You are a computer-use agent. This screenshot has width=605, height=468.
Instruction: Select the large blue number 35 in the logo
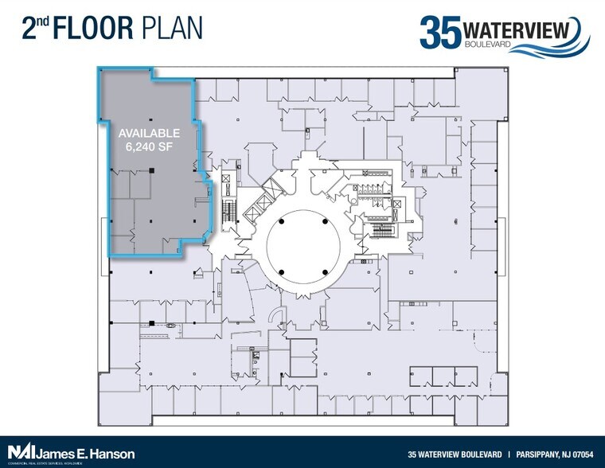click(440, 33)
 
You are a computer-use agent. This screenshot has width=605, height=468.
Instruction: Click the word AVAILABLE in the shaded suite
click(150, 133)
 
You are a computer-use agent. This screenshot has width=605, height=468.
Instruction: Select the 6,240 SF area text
click(150, 146)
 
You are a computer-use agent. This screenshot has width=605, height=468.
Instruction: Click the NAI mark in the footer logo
click(19, 454)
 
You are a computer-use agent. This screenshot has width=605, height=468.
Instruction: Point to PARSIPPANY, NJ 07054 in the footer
click(556, 454)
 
